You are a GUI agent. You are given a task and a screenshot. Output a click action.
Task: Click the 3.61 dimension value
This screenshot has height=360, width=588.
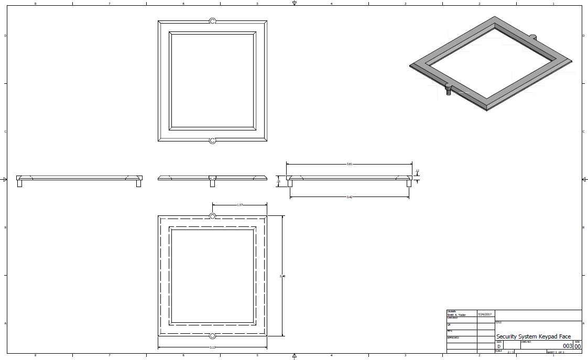point(350,164)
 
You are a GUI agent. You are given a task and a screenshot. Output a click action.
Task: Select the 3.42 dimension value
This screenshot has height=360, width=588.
point(350,197)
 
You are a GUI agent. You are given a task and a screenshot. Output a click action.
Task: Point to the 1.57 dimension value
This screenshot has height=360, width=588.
point(240,205)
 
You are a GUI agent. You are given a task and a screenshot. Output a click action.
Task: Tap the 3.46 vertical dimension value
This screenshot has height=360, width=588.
point(283,276)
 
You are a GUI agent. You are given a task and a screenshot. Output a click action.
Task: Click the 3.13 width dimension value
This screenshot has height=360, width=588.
point(213,347)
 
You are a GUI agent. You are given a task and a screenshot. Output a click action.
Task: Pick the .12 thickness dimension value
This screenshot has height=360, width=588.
point(417,171)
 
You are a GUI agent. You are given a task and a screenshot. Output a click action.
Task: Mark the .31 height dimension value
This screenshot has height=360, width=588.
point(278,181)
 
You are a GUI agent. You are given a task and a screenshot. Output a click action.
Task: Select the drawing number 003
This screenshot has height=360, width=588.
point(568,346)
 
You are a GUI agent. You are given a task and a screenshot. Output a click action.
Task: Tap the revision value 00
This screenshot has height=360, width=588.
point(578,346)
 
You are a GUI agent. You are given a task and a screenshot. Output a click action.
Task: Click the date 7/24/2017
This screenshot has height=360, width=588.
point(485,314)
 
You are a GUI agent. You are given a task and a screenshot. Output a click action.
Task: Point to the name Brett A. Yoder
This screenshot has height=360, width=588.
point(456,314)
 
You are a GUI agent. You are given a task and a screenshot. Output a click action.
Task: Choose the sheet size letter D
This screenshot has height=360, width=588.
point(499,346)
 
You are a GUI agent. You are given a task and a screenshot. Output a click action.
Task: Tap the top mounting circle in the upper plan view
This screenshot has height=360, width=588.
point(213,21)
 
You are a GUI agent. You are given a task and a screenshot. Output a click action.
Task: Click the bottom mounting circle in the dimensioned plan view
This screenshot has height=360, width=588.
point(213,335)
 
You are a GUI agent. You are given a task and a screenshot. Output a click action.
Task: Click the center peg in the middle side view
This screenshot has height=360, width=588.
point(212,182)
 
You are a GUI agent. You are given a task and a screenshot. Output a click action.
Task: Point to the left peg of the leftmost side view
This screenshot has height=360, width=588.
point(20,183)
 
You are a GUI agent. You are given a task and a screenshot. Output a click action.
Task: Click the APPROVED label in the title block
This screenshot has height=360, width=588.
point(453,338)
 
